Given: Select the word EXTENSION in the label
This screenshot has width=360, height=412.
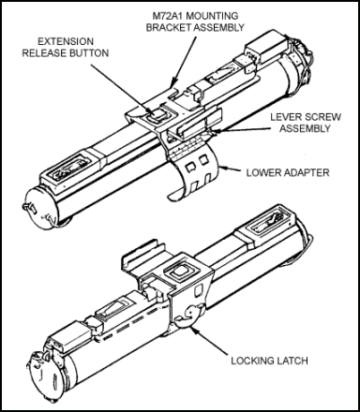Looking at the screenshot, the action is [66, 41].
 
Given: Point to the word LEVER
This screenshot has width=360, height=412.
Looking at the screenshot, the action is [286, 117].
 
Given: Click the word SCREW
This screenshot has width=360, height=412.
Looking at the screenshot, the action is [322, 117].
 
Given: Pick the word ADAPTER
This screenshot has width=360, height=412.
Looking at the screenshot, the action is [303, 172].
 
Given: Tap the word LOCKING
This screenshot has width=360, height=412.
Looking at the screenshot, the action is [249, 360].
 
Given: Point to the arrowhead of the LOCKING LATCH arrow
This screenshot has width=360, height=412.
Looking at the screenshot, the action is [192, 330].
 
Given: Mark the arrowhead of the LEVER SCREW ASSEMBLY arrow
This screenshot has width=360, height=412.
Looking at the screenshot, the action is [214, 131].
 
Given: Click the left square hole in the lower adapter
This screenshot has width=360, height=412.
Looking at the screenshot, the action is [189, 168].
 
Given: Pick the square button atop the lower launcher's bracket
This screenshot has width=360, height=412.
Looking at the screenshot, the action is [179, 271].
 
